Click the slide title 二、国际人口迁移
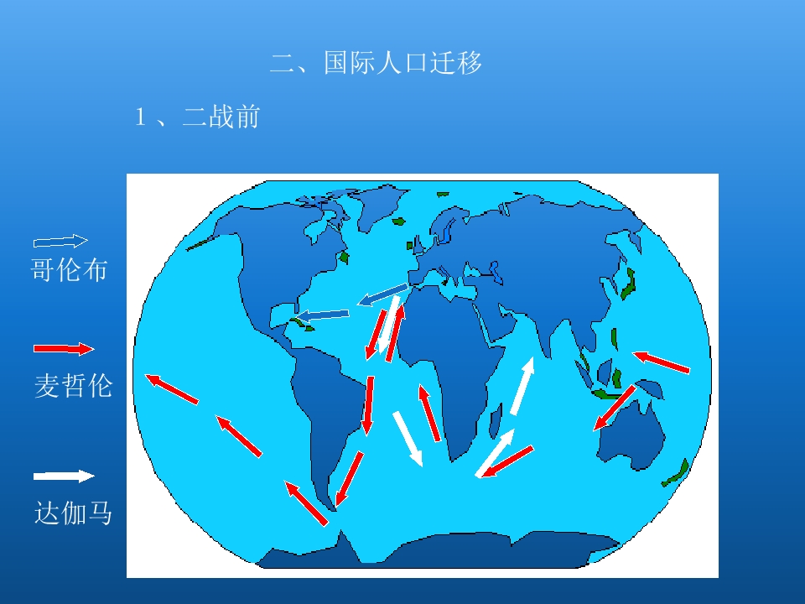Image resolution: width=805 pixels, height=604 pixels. pyautogui.click(x=377, y=64)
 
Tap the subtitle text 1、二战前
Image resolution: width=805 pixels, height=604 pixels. pyautogui.click(x=198, y=117)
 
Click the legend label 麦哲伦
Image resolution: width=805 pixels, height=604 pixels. pyautogui.click(x=73, y=386)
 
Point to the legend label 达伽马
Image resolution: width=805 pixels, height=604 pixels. pyautogui.click(x=73, y=513)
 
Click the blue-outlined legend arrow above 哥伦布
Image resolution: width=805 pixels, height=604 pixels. pyautogui.click(x=60, y=242)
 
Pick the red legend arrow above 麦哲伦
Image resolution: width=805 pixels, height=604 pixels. pyautogui.click(x=64, y=348)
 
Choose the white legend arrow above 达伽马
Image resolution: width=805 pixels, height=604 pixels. pyautogui.click(x=64, y=476)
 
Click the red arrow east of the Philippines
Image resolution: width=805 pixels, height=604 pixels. pyautogui.click(x=662, y=362)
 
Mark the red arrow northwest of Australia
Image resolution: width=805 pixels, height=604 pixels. pyautogui.click(x=614, y=408)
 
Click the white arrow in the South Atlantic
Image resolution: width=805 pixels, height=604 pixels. pyautogui.click(x=408, y=438)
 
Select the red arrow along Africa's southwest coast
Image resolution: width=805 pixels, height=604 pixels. pyautogui.click(x=429, y=413)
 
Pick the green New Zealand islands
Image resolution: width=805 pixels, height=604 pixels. pyautogui.click(x=676, y=473)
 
